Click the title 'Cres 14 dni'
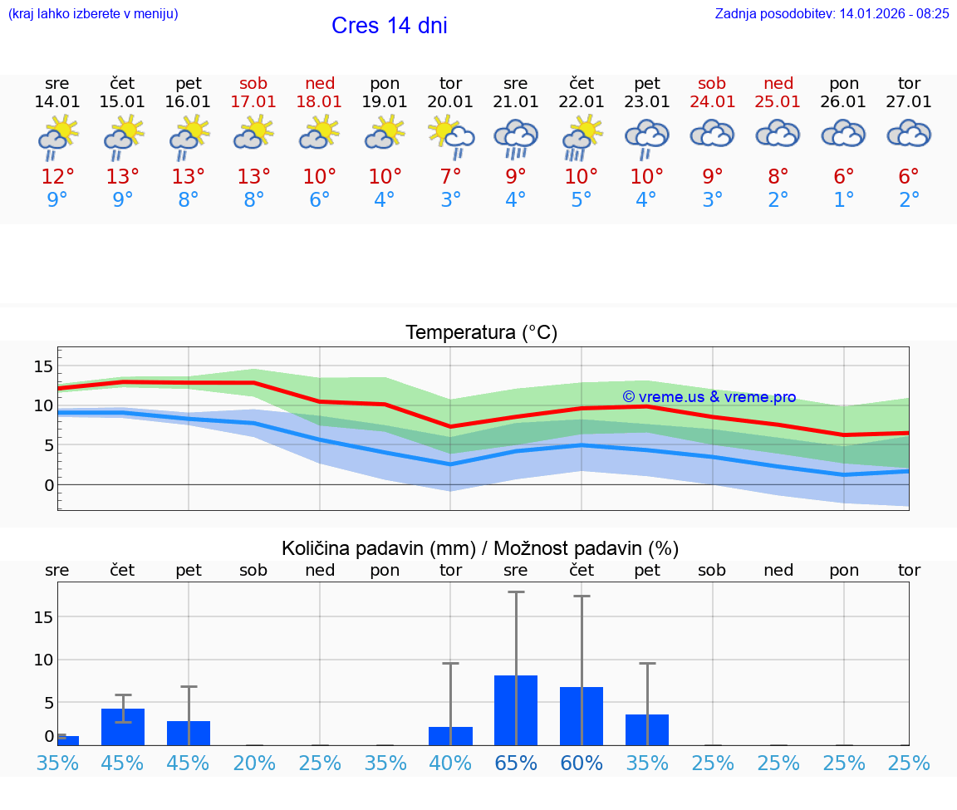389,26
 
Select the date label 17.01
253,101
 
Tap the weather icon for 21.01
516,139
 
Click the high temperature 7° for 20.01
450,177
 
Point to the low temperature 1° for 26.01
844,200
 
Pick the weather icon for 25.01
778,135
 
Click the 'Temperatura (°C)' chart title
481,333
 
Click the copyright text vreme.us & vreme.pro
709,397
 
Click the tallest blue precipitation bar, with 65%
516,710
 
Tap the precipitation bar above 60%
582,716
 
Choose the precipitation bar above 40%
450,736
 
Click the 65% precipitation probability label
516,763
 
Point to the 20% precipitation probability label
253,763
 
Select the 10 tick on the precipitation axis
43,660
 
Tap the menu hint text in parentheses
93,13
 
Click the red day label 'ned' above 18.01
320,83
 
